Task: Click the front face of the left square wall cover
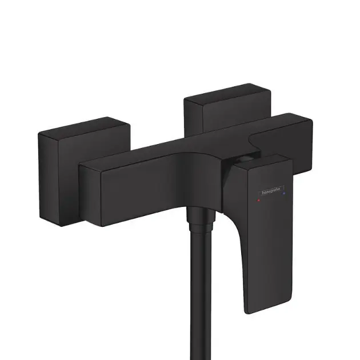coord(57,177)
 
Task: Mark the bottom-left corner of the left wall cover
coord(41,217)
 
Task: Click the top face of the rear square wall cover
coord(220,91)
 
